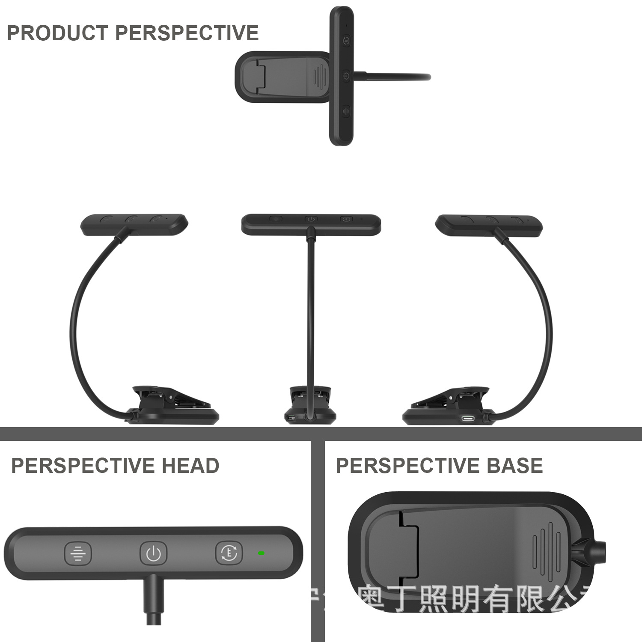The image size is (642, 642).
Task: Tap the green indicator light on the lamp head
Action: [x=261, y=553]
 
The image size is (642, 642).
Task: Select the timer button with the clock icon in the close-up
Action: [x=229, y=553]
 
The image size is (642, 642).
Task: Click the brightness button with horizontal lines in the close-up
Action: [x=78, y=553]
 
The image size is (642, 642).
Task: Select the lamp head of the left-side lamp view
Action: [x=134, y=223]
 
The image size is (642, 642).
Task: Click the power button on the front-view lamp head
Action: [x=311, y=219]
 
